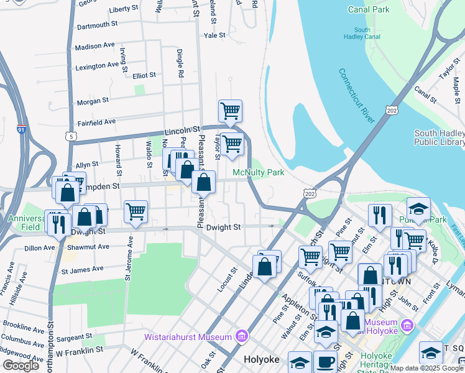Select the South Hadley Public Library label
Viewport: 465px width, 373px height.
click(x=439, y=137)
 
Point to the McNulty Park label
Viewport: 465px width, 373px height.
click(x=258, y=172)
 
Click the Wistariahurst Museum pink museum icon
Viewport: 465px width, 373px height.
click(x=242, y=338)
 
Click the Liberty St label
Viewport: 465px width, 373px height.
click(x=123, y=9)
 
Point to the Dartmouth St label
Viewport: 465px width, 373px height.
click(x=97, y=25)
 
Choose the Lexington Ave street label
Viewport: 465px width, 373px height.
click(x=96, y=65)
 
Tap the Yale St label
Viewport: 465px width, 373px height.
click(x=214, y=36)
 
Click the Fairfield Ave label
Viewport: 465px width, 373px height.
click(x=96, y=122)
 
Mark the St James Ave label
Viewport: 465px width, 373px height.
click(x=81, y=270)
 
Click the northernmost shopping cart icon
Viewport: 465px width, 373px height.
click(x=230, y=111)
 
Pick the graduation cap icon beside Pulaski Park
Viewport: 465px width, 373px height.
click(x=419, y=209)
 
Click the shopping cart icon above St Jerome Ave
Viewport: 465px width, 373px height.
click(x=136, y=211)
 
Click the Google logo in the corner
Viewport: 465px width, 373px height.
click(x=21, y=366)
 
